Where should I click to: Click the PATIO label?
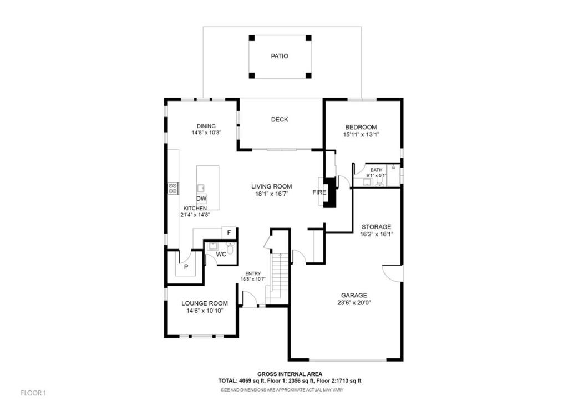[x=280, y=56]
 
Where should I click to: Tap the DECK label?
[x=280, y=119]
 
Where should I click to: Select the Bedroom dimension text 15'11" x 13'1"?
[x=361, y=134]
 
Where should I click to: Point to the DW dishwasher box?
[x=201, y=199]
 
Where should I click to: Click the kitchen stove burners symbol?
[x=173, y=189]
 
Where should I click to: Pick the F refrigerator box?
[x=229, y=232]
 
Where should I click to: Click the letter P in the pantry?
[x=186, y=267]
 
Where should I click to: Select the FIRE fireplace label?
[x=319, y=192]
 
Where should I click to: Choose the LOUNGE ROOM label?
[x=205, y=303]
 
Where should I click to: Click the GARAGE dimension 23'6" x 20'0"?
[x=354, y=303]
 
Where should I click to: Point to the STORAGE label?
[x=377, y=227]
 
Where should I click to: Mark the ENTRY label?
[x=253, y=273]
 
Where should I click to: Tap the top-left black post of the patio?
[x=252, y=38]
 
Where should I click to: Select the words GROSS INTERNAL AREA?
[x=290, y=374]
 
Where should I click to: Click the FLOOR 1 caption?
[x=33, y=393]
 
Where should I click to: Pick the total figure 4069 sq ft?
[x=252, y=380]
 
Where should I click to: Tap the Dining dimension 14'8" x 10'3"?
[x=206, y=133]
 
